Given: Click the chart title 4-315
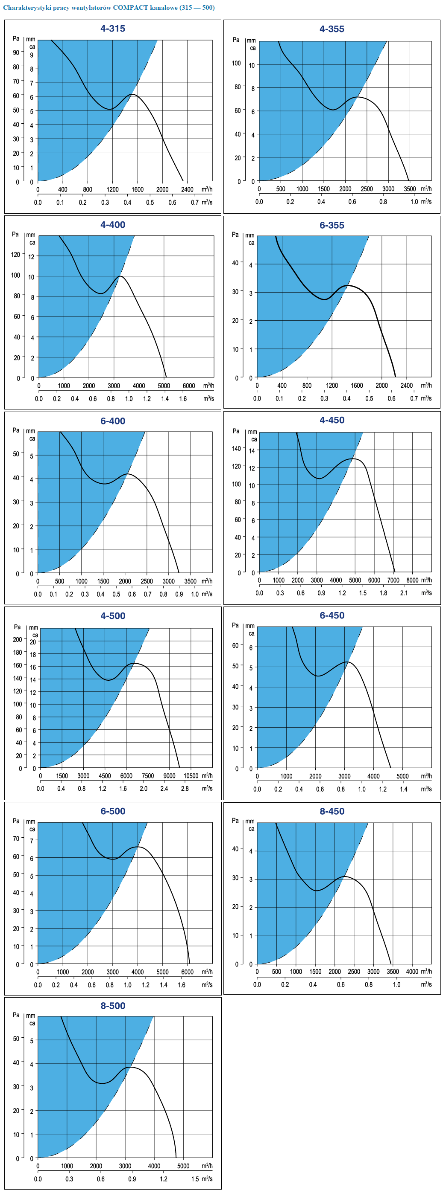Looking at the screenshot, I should (113, 28).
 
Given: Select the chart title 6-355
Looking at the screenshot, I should (332, 225).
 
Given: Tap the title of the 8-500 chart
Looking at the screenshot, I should (113, 1005).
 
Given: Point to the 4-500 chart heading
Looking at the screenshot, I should (113, 615).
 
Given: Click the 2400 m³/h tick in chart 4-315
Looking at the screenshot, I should (187, 189).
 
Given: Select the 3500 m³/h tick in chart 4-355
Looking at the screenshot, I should (410, 189).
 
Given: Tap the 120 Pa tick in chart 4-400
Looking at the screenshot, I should (16, 254).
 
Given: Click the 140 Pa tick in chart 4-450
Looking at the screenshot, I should (236, 448).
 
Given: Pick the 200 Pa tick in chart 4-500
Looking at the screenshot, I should (18, 639).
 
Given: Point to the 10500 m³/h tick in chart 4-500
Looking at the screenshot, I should (191, 776).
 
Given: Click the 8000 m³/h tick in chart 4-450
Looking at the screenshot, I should (412, 580).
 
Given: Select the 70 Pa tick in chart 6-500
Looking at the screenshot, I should (16, 838).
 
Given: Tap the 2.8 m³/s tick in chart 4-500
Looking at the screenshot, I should (185, 788).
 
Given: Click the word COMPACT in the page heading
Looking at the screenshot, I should (130, 8).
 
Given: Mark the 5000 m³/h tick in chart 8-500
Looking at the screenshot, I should (183, 1166).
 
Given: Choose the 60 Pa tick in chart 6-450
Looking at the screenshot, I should (235, 645).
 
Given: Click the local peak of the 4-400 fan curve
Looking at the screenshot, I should (120, 276).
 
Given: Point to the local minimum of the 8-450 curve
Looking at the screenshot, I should (316, 890).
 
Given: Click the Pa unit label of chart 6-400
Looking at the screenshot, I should (16, 430).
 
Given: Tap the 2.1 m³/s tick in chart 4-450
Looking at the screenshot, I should (404, 593).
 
